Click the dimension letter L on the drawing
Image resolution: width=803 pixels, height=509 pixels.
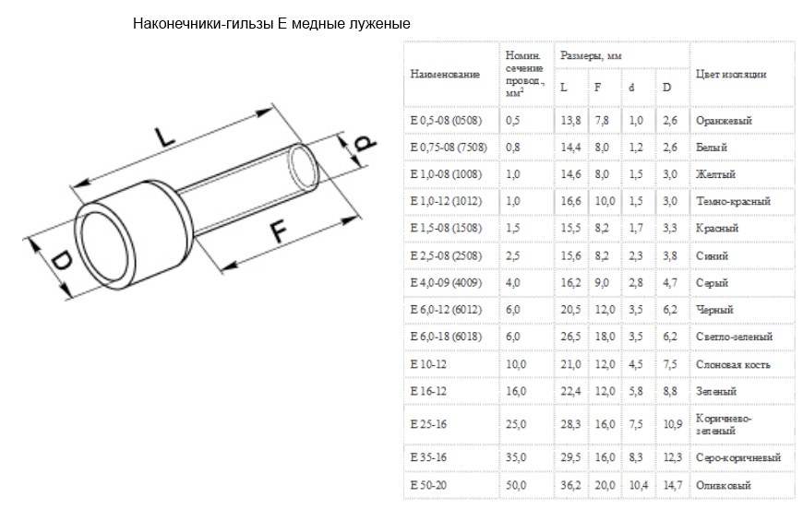[x=165, y=136]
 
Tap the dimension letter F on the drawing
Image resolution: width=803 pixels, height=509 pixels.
[x=279, y=231]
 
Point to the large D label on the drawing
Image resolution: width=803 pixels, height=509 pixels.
[x=63, y=262]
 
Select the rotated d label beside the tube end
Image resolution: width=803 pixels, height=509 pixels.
[x=366, y=143]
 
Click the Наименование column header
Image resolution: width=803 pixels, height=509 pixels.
[x=445, y=74]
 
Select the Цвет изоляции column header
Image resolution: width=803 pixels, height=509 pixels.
[x=731, y=74]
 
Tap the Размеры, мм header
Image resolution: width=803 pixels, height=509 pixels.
[x=591, y=55]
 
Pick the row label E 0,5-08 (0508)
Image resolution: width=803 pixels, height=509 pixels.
[x=446, y=121]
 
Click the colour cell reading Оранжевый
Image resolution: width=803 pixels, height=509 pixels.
[x=724, y=121]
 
